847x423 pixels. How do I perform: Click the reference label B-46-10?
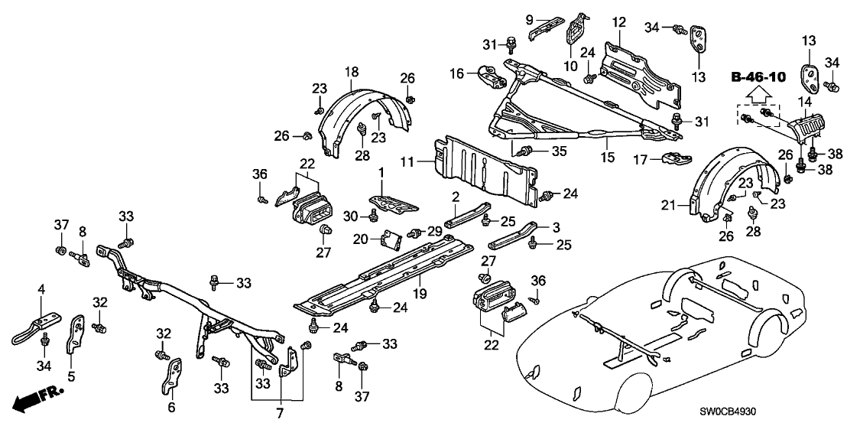point(759,77)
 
